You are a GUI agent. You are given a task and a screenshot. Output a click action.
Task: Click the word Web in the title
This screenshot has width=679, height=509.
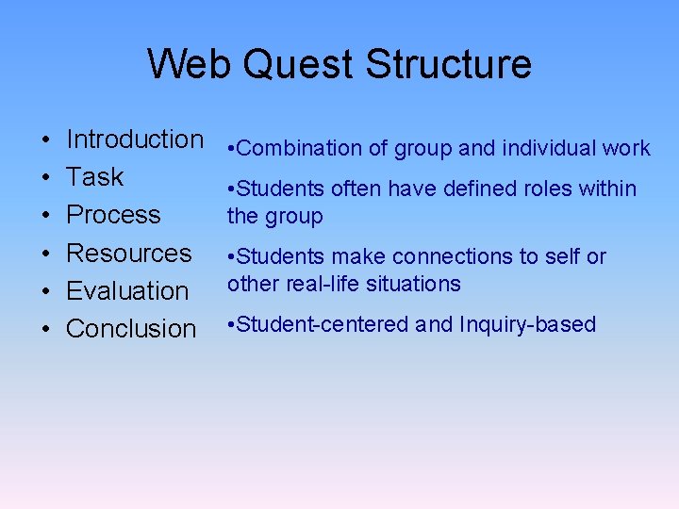(x=191, y=64)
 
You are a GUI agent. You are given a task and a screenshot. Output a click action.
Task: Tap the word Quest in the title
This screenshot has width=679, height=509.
(x=300, y=64)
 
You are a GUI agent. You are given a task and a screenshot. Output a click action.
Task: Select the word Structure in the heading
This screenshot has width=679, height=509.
(x=448, y=64)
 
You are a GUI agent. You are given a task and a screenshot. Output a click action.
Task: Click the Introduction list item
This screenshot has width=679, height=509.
(x=135, y=140)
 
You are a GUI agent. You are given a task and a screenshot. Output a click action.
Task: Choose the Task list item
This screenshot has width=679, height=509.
(x=94, y=177)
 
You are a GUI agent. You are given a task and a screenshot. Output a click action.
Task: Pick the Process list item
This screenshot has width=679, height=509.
(x=113, y=215)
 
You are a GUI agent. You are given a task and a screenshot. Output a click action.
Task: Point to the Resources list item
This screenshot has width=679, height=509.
(x=128, y=253)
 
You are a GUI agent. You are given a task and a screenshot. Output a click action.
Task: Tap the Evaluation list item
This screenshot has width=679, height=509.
(x=127, y=290)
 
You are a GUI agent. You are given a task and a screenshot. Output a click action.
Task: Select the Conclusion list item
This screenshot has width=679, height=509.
(x=131, y=328)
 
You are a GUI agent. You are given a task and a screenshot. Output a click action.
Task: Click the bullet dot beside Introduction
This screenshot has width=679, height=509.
(x=46, y=140)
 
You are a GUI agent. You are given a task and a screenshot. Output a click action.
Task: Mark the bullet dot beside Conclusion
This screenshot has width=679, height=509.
(x=46, y=329)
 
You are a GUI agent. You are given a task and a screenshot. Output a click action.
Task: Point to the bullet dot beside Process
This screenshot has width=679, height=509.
(x=46, y=216)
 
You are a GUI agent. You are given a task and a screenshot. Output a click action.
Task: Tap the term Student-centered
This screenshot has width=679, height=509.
(x=323, y=324)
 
